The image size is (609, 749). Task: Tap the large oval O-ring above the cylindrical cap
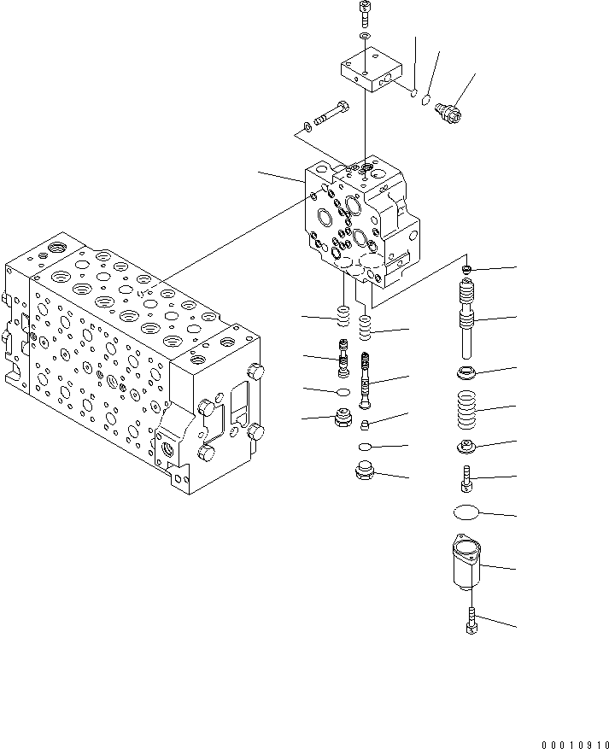(x=466, y=512)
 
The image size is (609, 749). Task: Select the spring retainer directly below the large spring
(x=466, y=445)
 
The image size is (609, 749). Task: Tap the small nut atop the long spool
(x=467, y=271)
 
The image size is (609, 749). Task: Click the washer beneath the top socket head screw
(x=366, y=38)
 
